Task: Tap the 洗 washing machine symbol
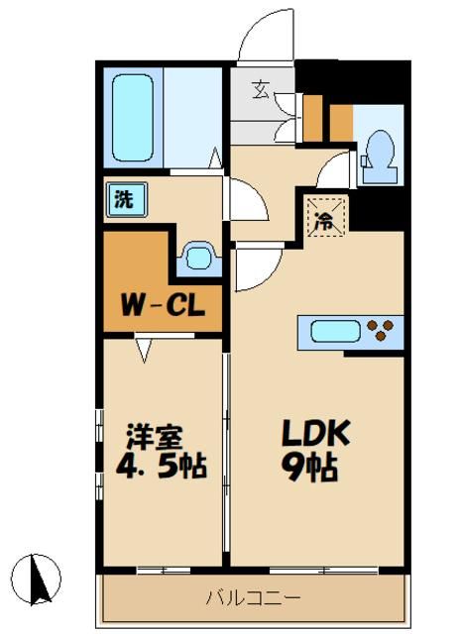point(124,198)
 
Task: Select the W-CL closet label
point(165,304)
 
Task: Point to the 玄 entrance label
point(261,91)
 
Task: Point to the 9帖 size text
point(313,466)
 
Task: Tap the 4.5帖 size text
point(165,466)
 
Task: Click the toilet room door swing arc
point(335,168)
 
